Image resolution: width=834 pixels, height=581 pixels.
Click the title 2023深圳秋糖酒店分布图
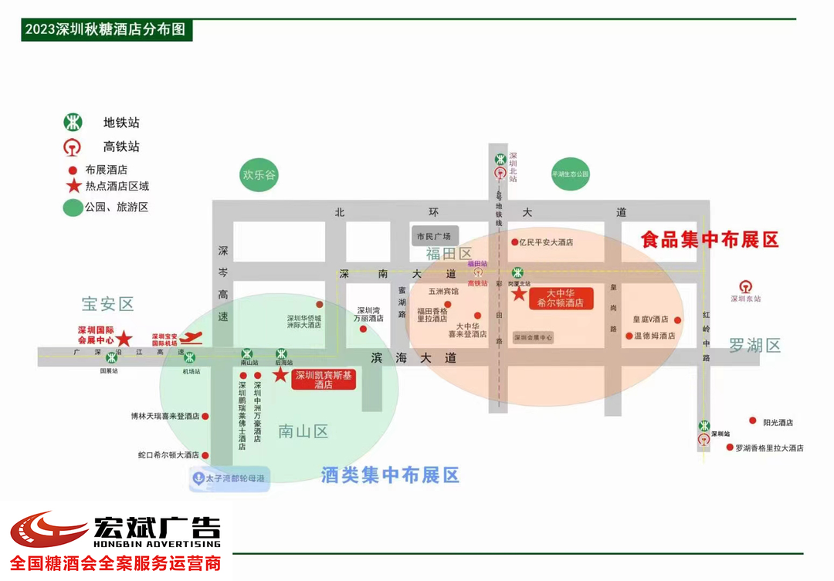106,30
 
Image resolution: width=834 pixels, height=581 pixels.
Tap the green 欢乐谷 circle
259,175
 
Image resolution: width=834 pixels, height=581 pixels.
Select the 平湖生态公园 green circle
570,174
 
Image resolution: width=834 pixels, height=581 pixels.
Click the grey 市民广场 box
433,235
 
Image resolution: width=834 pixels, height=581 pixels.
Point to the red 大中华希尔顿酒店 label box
560,298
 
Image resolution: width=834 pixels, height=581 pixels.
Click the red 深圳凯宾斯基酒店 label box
324,380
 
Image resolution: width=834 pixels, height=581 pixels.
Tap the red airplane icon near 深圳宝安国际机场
193,336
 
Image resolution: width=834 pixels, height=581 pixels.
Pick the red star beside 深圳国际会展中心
124,339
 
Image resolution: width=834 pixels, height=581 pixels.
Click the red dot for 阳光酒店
753,421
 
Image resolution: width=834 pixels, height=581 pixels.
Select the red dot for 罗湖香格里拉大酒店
730,447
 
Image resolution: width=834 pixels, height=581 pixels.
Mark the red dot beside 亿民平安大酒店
515,242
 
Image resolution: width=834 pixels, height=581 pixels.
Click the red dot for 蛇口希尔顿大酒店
205,455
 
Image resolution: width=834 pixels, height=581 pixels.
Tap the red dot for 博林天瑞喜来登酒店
205,416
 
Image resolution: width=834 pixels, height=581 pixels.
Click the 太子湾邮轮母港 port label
229,478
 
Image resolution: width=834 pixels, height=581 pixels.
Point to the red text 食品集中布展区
710,240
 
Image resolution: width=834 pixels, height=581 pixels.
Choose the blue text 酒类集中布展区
390,475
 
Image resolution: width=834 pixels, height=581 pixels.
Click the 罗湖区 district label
754,345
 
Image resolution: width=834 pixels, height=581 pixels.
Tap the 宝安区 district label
108,304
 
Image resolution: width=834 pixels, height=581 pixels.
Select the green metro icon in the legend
73,123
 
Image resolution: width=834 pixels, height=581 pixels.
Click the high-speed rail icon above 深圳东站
745,287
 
